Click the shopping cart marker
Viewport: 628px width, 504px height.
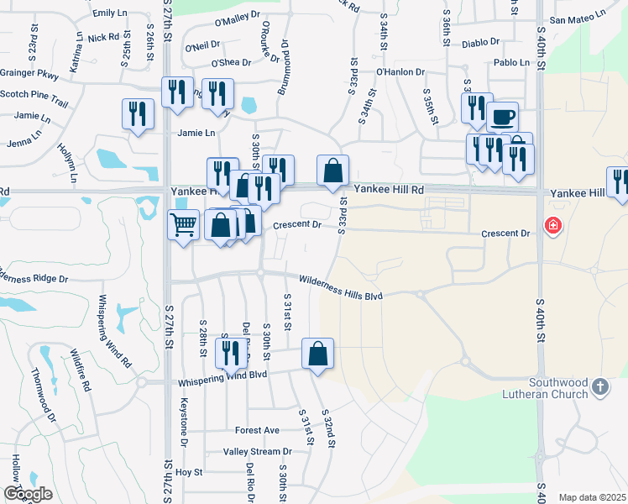tap(183, 225)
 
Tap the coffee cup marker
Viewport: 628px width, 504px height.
tap(502, 117)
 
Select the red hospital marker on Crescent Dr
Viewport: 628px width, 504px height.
tap(552, 225)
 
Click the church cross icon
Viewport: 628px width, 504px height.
tap(599, 386)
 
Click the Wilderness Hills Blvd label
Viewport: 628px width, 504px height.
tap(341, 288)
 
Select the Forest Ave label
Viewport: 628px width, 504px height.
tap(257, 430)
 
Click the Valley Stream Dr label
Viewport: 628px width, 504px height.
tap(257, 452)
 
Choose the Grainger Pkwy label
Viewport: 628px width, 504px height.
tap(29, 75)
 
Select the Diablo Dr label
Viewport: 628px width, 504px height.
tap(480, 41)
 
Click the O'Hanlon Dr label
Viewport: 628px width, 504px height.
tap(400, 72)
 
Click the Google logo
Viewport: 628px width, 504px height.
tap(28, 494)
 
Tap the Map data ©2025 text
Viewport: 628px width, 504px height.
tap(591, 497)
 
